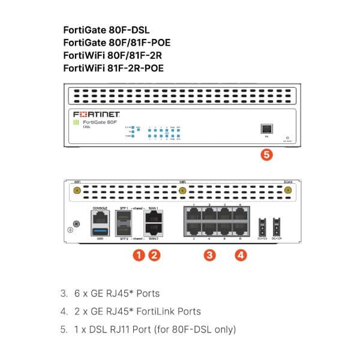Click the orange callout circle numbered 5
click(x=268, y=154)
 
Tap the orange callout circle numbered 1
click(x=139, y=255)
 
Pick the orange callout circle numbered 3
click(x=209, y=255)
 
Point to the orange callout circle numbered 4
click(x=241, y=255)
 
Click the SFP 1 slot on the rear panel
click(x=125, y=217)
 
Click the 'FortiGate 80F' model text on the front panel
click(x=100, y=122)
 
